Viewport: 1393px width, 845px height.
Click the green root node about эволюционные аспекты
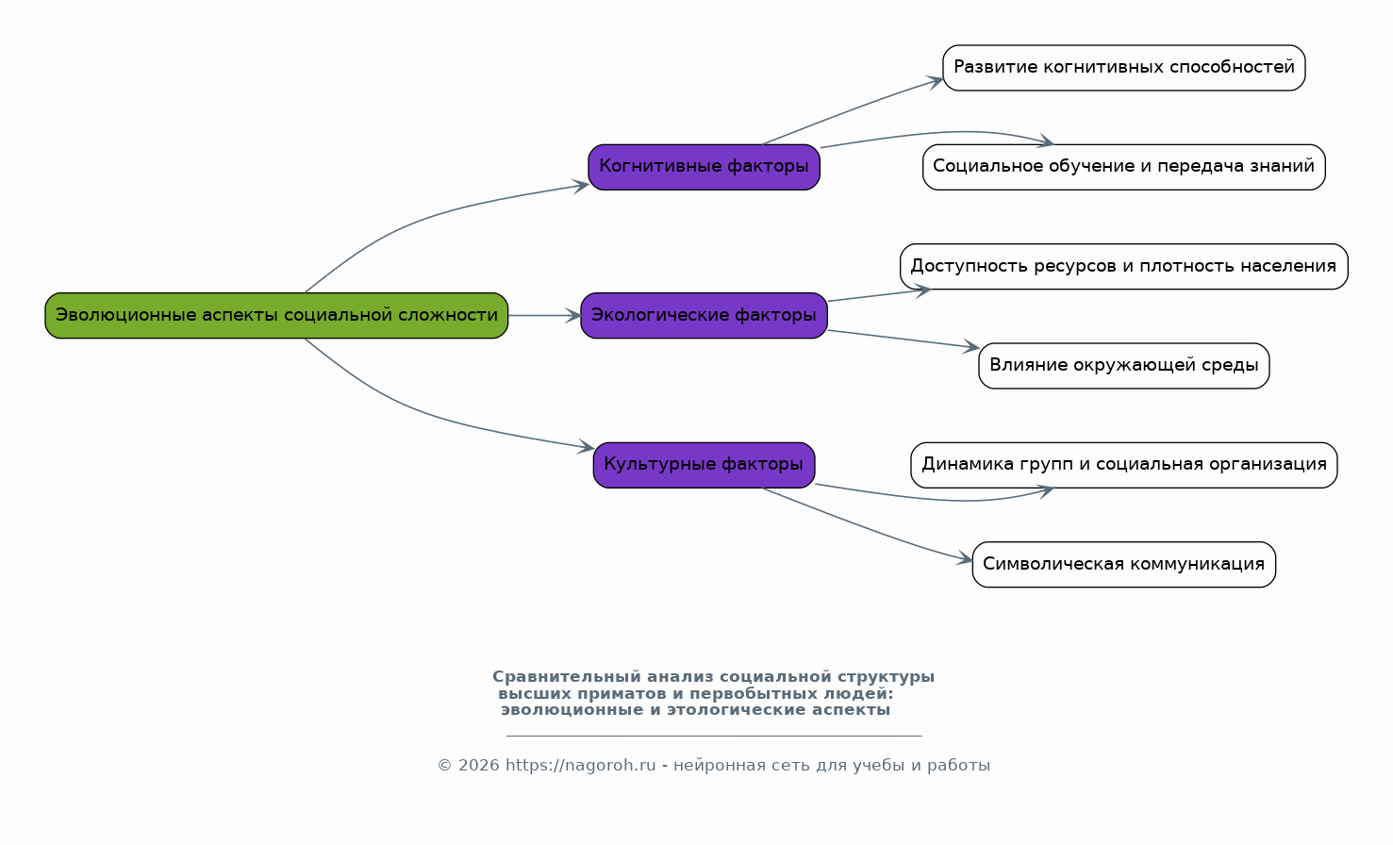[276, 315]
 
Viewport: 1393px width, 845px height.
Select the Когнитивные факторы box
[704, 167]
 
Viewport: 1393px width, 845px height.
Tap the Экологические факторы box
[704, 315]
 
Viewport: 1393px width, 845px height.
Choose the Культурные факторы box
[704, 465]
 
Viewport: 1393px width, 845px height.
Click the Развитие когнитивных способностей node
[1123, 67]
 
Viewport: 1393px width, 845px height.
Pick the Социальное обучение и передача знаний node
[1123, 167]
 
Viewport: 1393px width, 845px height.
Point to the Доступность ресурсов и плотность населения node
[1123, 266]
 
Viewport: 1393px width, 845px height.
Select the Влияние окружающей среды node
[1123, 366]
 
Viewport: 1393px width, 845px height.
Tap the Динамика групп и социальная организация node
[1123, 465]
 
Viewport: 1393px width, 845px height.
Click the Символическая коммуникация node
[1123, 564]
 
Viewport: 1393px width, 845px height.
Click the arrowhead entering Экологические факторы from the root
[572, 315]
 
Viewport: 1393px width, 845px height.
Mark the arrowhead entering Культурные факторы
[586, 446]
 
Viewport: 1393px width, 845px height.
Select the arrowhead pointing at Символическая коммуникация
[965, 558]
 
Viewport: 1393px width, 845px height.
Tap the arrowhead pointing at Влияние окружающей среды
[970, 347]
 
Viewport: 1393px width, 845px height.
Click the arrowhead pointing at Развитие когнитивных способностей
[936, 81]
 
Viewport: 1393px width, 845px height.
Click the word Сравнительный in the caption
[567, 676]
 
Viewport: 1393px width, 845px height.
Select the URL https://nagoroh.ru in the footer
[580, 766]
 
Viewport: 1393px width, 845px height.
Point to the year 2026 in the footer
[479, 766]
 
